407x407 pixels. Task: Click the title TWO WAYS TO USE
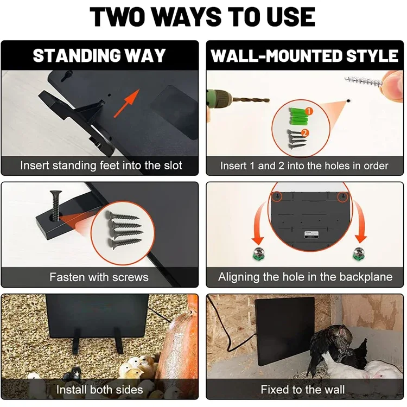tap(202, 17)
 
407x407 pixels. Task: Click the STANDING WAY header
tap(99, 55)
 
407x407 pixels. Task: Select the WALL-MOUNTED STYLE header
tap(304, 56)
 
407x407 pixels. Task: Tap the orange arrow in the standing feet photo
tap(126, 103)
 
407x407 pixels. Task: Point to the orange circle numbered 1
tap(309, 112)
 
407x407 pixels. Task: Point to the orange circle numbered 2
tap(305, 133)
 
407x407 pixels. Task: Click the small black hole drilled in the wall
tap(348, 100)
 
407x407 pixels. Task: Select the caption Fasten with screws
tap(99, 277)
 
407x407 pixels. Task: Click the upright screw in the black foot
tap(56, 205)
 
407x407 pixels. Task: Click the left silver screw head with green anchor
tap(259, 253)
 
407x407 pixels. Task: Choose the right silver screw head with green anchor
tap(359, 253)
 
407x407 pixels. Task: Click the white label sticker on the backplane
tap(311, 234)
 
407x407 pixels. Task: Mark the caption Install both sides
tap(100, 390)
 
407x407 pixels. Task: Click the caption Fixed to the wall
tap(303, 390)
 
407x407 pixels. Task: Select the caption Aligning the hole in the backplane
tap(305, 277)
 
